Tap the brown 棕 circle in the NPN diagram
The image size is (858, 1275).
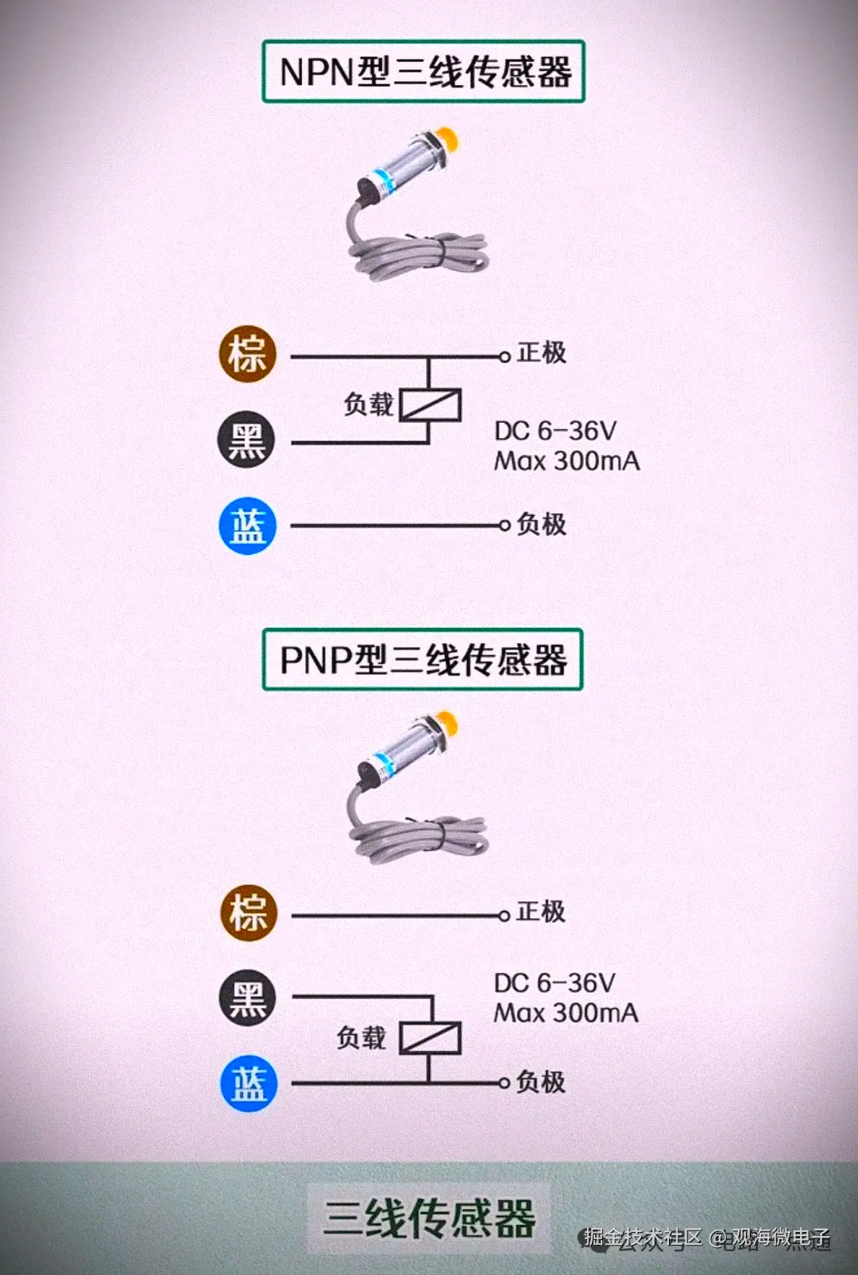click(x=248, y=354)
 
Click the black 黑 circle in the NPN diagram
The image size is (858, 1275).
click(x=247, y=440)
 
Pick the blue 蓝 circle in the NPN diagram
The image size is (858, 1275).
click(x=248, y=525)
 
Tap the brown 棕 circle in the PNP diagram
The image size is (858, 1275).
click(x=249, y=913)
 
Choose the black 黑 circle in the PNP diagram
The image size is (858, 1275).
click(x=248, y=998)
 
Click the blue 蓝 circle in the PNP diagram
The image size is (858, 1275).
click(x=249, y=1083)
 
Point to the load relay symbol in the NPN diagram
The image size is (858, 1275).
click(x=430, y=405)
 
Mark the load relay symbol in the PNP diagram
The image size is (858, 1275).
click(x=430, y=1037)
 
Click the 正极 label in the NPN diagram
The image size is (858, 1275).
click(x=541, y=352)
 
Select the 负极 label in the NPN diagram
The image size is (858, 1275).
click(x=541, y=524)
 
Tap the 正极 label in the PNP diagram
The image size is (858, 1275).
click(x=540, y=911)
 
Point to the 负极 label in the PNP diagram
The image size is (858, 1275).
click(x=540, y=1082)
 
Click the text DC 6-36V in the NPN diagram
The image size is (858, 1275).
click(x=555, y=431)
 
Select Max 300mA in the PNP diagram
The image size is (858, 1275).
click(x=566, y=1013)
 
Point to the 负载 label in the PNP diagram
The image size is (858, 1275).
click(x=361, y=1037)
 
